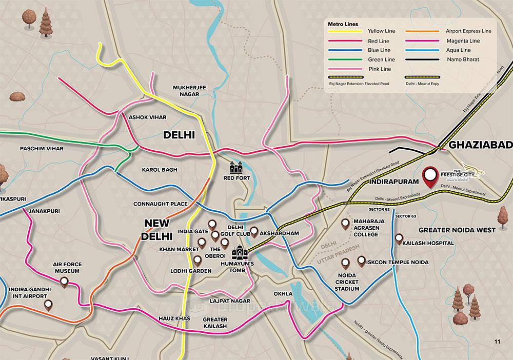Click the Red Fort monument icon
pos(236,167)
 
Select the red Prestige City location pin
pos(430,175)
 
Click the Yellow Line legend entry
pos(381,31)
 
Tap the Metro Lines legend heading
pos(344,24)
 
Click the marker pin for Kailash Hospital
pos(399,238)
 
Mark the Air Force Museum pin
pos(64,282)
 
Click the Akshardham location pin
pos(254,231)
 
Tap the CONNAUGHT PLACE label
pos(160,204)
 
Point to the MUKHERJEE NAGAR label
pos(189,91)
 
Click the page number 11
pos(497,342)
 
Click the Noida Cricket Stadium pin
pos(346,263)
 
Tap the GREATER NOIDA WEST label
pos(457,230)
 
